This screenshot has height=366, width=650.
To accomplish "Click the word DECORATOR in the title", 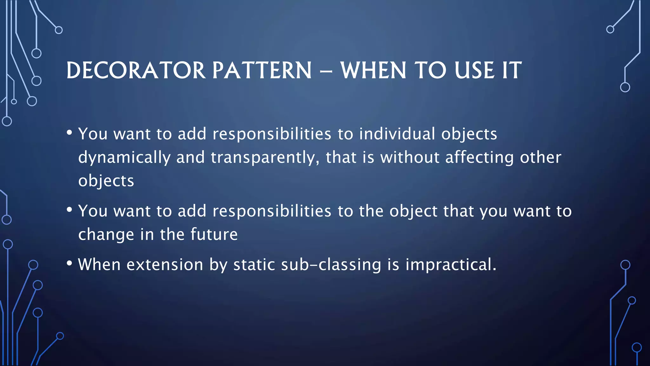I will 136,70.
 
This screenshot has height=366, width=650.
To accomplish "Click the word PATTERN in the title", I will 262,70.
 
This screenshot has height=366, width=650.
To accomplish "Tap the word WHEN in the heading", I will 373,70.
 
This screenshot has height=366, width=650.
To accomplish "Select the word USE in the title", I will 474,70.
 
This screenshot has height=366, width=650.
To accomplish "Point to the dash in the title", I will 326,71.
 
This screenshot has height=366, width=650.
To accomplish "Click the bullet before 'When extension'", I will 70,263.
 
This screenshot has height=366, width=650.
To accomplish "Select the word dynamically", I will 124,158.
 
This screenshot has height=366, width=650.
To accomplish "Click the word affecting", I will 479,157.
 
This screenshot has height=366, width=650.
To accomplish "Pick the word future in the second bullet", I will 214,234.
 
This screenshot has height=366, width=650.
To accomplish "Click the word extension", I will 165,265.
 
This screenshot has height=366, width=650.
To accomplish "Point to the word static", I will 254,265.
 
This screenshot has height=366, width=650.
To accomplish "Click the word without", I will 410,157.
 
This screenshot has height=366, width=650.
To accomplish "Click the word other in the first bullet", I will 541,157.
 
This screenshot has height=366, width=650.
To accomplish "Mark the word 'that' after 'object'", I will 458,211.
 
